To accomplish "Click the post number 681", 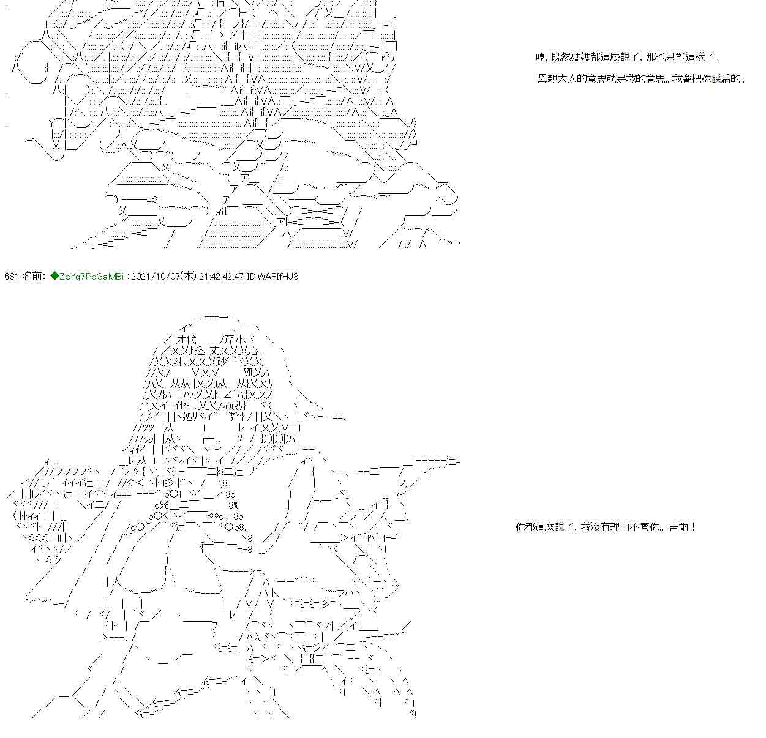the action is click(11, 276).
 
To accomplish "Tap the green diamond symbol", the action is click(54, 276).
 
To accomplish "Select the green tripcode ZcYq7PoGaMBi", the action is click(92, 276).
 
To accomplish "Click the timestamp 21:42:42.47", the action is click(221, 276).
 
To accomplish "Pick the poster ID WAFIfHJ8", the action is click(272, 276).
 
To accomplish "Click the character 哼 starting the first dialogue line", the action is click(541, 58).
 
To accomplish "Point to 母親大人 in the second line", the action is click(557, 79).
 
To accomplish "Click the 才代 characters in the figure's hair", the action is click(187, 339).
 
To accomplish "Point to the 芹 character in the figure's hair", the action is click(229, 339).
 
